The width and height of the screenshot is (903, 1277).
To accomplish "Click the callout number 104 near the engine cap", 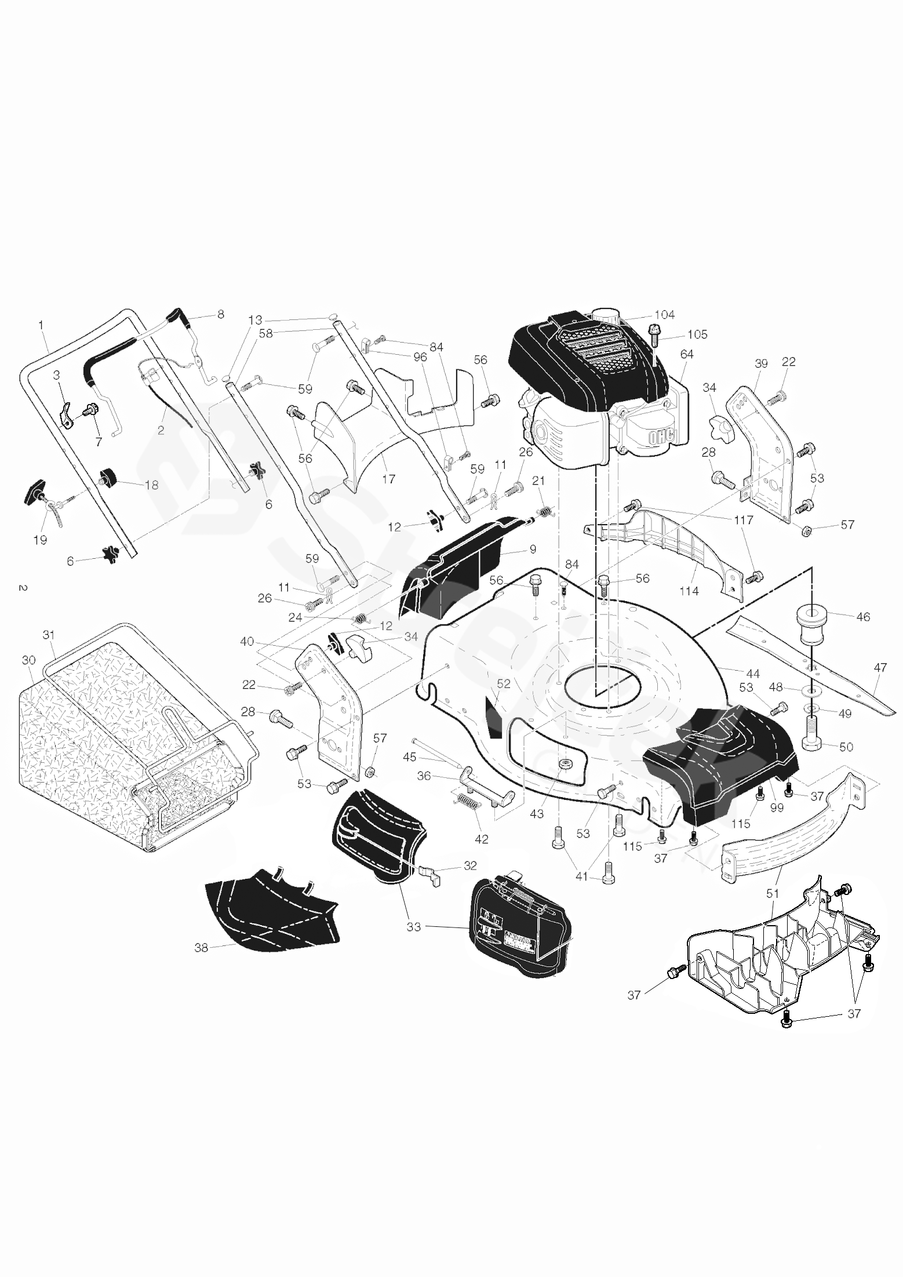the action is pyautogui.click(x=664, y=315).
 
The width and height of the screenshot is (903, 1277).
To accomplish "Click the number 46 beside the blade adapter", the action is pyautogui.click(x=863, y=617).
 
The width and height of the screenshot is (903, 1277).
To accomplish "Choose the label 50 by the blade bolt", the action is pyautogui.click(x=846, y=747).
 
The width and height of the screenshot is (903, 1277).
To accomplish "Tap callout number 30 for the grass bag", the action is pyautogui.click(x=28, y=660).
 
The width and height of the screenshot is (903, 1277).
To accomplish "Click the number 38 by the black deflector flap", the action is pyautogui.click(x=201, y=948).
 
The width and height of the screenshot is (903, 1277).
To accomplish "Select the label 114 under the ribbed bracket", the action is pyautogui.click(x=689, y=591).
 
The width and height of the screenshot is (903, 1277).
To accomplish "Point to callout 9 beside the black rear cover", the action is pyautogui.click(x=533, y=549).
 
